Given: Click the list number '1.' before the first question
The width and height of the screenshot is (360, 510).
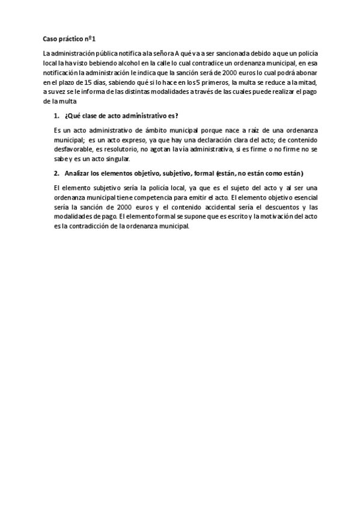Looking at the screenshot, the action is tap(57, 115).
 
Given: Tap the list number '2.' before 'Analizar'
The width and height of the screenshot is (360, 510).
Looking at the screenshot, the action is tap(57, 172).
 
